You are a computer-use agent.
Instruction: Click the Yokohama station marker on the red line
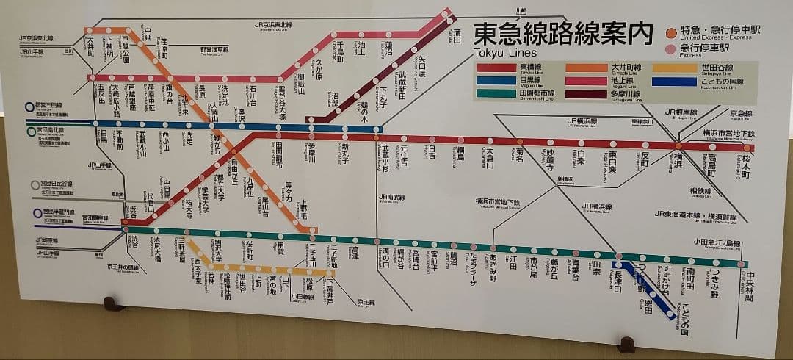pos(679,146)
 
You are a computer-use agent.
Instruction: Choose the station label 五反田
pos(101,96)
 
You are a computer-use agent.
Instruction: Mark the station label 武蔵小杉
pos(385,156)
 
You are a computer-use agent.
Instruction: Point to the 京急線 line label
pos(741,114)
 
